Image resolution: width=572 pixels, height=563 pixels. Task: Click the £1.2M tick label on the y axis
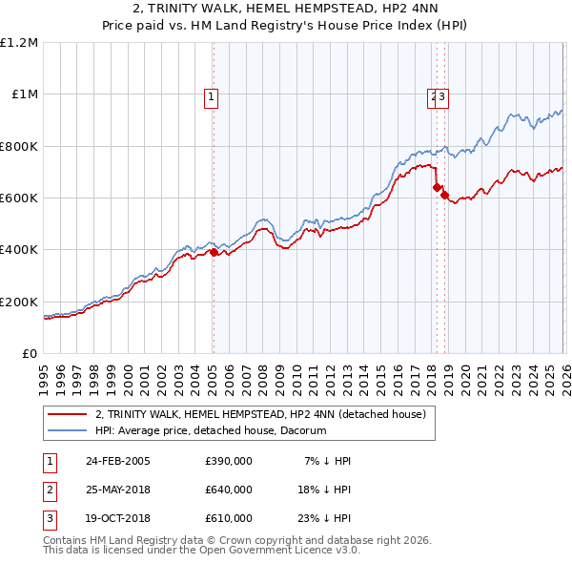coord(19,43)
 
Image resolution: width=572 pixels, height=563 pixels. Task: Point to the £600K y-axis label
coord(19,198)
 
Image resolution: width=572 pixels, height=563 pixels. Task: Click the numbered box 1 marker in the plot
coord(212,95)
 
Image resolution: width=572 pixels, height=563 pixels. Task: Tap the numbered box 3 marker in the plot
coord(444,95)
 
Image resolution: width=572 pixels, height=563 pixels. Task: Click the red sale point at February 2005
coord(213,253)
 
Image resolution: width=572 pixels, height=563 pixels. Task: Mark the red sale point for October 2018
coord(445,196)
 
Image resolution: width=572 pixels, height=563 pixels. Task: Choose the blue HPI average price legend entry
coord(211,431)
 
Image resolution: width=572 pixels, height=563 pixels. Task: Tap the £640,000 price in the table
coord(229,490)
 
